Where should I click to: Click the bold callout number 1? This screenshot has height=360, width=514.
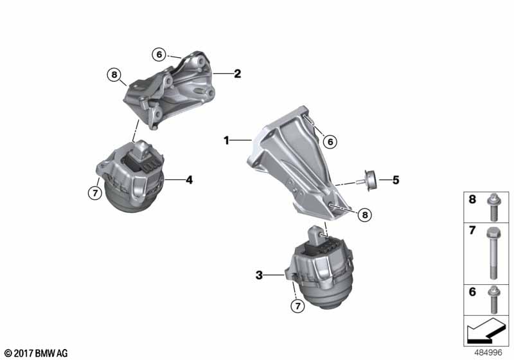tap(226, 141)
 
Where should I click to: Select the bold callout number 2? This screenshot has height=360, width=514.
tap(237, 73)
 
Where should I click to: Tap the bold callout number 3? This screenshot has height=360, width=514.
tap(259, 275)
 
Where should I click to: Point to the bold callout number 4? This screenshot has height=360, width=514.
tap(189, 179)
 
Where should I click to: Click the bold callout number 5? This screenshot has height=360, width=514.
tap(396, 180)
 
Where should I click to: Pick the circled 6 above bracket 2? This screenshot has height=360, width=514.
tap(159, 55)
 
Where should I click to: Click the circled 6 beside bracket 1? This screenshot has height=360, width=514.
tap(330, 141)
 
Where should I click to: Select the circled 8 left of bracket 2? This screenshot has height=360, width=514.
tap(114, 75)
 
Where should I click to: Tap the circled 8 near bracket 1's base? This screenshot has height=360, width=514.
tap(365, 215)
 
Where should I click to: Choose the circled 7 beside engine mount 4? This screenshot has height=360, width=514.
tap(95, 193)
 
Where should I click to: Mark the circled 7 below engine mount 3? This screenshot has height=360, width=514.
tap(297, 306)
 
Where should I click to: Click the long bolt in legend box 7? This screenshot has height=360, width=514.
tap(493, 253)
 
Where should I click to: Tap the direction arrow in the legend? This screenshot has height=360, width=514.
tap(484, 330)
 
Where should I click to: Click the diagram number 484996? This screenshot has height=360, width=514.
tap(488, 353)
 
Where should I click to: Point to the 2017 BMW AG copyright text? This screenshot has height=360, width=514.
tap(36, 353)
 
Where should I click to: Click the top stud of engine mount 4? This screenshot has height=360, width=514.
tap(142, 148)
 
